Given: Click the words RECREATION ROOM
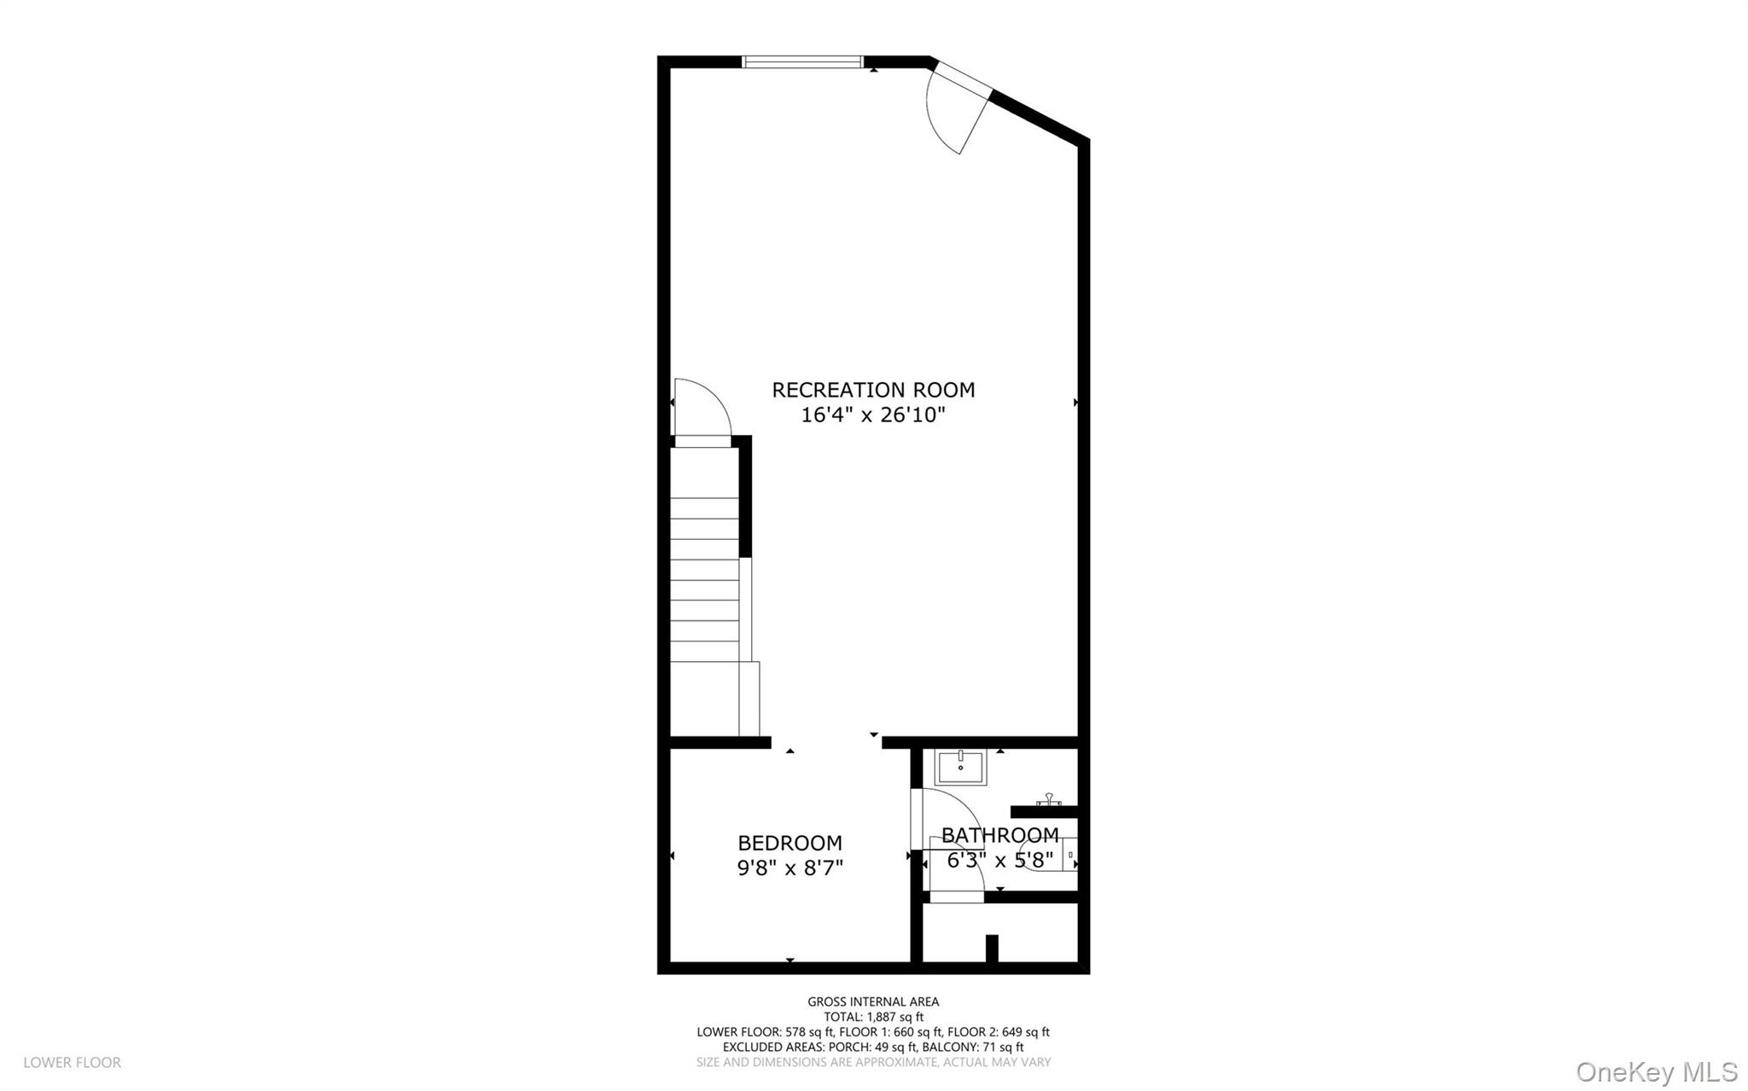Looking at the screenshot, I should coord(873,390).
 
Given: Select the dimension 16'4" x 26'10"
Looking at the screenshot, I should coord(873,415).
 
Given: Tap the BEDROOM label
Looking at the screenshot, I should coord(790,843).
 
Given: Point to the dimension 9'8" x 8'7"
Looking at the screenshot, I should coord(790,868).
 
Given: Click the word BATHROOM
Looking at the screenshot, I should coord(999,835).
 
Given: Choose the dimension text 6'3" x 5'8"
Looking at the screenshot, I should coord(999,860).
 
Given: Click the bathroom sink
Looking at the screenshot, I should coord(960,767).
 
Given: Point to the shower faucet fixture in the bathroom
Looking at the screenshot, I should coord(1048,801).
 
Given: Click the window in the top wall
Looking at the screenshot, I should coord(802,61).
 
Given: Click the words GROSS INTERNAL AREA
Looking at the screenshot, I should coord(873,1001).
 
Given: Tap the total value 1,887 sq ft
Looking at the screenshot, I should coord(895,1017).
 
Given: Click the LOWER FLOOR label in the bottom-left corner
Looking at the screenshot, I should coord(72,1062).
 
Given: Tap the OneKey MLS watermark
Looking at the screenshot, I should coord(1656,1071).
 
